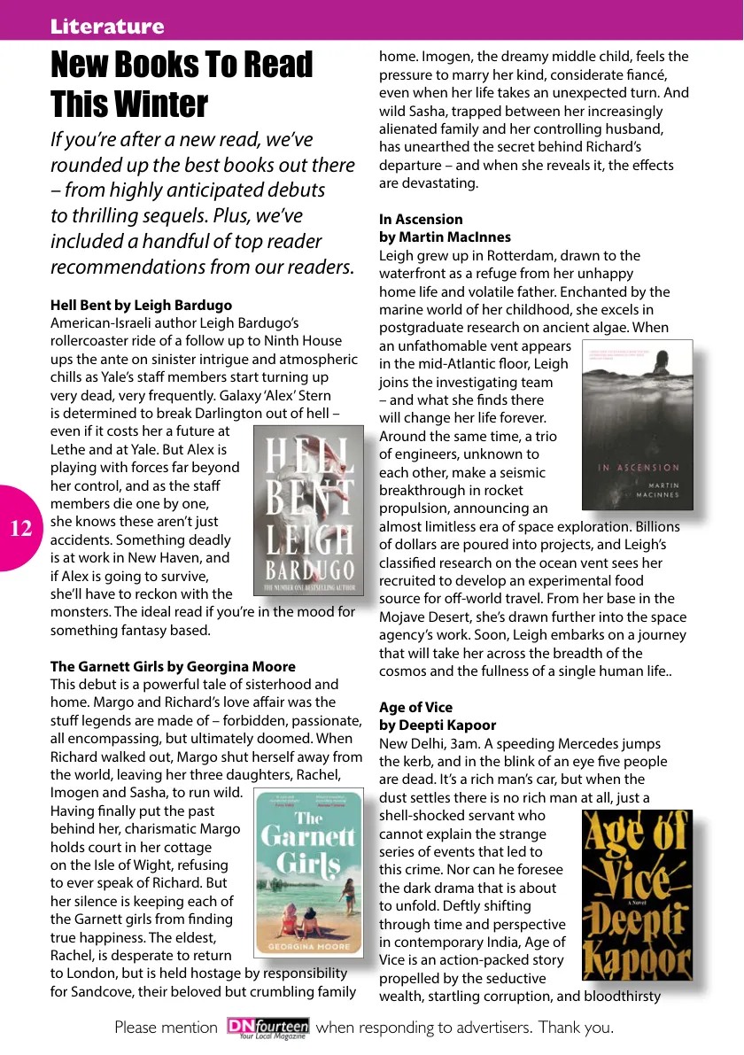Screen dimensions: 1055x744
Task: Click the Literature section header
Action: point(107,26)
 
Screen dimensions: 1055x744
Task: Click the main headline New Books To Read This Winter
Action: point(182,84)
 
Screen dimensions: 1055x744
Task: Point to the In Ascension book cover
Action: point(636,427)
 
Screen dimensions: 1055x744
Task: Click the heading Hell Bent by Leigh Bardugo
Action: point(142,305)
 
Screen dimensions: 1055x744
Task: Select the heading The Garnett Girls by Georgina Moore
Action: point(173,666)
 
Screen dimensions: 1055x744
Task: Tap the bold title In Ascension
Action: point(421,219)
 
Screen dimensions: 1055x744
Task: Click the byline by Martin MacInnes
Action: point(445,237)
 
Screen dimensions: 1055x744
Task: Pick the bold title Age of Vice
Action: point(415,707)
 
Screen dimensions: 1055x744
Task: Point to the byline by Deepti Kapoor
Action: point(438,725)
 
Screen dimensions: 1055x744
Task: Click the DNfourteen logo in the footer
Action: point(267,1028)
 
